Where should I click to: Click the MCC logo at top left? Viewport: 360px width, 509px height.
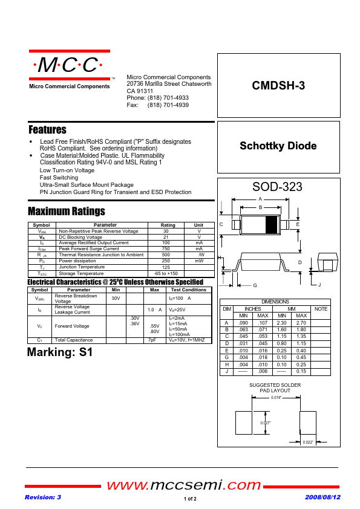coord(70,65)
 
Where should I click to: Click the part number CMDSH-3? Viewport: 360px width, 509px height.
coord(278,86)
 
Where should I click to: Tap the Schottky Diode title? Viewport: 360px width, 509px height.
coord(278,146)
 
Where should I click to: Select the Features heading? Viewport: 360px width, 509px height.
coord(47,130)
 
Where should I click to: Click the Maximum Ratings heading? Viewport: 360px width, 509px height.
coord(67,211)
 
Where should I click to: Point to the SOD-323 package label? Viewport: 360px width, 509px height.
coord(278,187)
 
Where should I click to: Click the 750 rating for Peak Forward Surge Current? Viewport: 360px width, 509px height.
coord(166,248)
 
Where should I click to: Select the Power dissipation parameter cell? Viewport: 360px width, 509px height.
coord(77,261)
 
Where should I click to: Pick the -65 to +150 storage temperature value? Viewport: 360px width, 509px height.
coord(166,273)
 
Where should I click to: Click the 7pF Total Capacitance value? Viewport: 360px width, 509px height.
coord(152,340)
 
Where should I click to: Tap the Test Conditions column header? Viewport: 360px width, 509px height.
coord(189,290)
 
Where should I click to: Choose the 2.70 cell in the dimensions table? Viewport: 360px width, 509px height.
coord(301,323)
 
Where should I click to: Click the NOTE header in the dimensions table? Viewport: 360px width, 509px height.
coord(321,309)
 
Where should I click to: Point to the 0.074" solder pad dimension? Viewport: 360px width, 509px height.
coord(276,397)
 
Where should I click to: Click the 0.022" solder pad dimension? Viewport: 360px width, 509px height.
coord(308,443)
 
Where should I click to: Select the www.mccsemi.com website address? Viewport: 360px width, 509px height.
coord(184,485)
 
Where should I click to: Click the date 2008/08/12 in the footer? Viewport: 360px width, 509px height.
coord(322,497)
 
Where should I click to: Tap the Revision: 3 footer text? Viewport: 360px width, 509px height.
coord(42,497)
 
